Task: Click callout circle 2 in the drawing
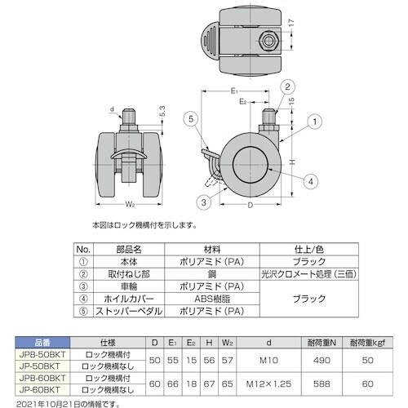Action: point(287,86)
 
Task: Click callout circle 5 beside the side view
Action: point(190,119)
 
